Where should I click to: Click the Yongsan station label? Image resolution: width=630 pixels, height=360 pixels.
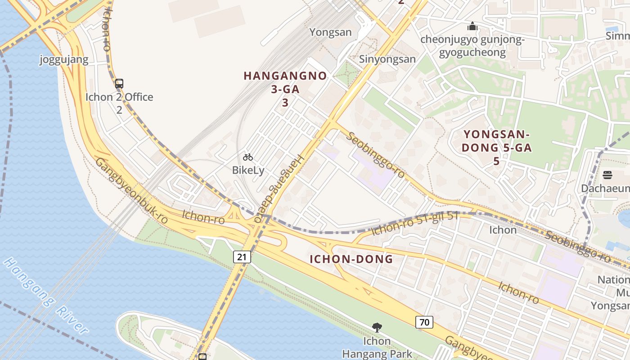(x=331, y=32)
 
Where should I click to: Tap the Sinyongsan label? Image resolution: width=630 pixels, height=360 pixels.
(x=387, y=59)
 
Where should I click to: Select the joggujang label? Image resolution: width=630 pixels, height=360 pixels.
(x=64, y=59)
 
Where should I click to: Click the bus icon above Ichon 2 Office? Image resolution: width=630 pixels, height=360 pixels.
(x=119, y=84)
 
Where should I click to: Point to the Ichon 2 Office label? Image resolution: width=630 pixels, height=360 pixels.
(x=119, y=97)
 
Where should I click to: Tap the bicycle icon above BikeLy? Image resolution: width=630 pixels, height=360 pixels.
(x=248, y=157)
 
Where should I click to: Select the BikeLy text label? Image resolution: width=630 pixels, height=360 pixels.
(x=248, y=171)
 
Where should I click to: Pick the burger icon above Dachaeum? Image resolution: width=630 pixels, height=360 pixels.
(x=607, y=175)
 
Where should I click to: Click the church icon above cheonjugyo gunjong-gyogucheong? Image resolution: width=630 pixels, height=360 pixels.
(x=472, y=27)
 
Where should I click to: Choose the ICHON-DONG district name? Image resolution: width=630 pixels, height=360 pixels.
(x=351, y=259)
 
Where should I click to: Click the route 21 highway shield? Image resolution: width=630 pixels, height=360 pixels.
(x=242, y=257)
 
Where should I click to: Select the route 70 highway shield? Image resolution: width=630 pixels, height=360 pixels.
(x=424, y=322)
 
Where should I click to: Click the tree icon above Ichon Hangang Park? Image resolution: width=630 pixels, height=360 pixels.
(x=377, y=328)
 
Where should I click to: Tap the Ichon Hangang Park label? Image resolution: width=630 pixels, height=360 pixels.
(x=377, y=348)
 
